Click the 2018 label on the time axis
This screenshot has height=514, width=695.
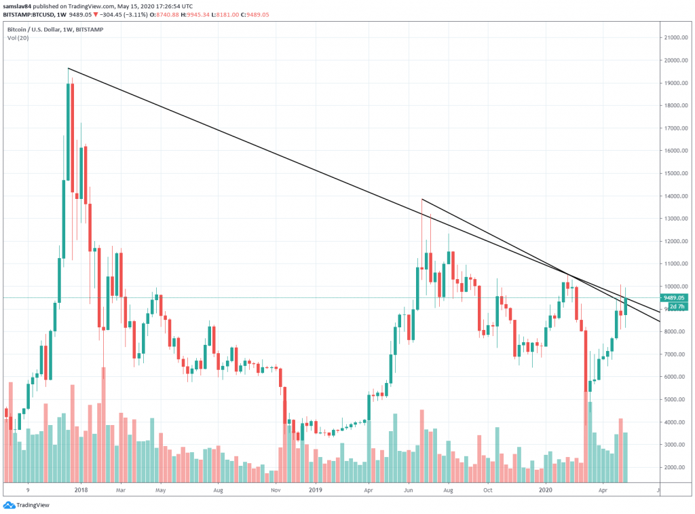click(81, 488)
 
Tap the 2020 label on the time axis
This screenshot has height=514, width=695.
click(548, 488)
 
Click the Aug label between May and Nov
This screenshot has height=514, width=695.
click(218, 488)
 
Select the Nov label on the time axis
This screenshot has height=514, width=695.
click(276, 488)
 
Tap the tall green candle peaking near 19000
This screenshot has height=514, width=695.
click(69, 129)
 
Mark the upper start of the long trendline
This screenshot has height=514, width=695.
click(69, 69)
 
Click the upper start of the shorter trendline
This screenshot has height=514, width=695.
click(422, 199)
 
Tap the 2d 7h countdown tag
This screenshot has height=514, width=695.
click(677, 307)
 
